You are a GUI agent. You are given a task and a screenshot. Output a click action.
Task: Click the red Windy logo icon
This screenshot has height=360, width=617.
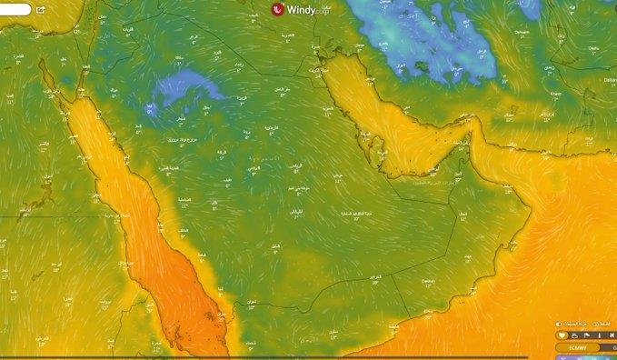point(278,8)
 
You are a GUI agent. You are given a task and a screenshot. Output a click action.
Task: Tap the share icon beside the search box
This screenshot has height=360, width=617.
point(41,9)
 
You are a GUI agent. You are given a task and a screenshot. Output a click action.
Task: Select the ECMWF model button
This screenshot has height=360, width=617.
point(577,347)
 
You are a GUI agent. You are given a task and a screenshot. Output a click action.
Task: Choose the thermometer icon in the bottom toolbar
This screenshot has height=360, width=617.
point(599,335)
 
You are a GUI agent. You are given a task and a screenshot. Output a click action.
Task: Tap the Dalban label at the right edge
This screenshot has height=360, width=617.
point(610,80)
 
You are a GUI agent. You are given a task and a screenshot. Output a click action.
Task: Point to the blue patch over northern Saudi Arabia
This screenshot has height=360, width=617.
point(186,88)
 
